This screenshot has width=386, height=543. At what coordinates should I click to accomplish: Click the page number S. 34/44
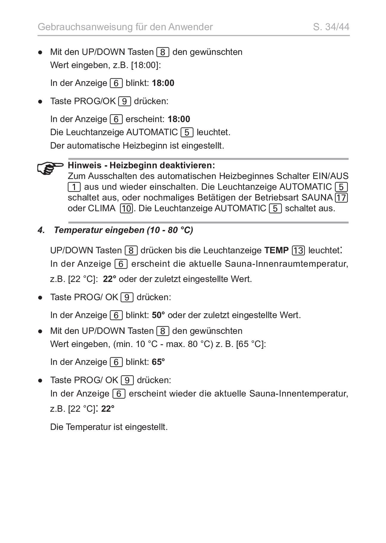331,27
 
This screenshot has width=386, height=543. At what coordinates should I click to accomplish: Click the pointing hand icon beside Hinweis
50,168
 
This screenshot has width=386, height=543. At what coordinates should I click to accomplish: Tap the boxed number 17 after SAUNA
342,198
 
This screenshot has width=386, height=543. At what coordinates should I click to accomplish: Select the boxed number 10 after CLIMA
126,208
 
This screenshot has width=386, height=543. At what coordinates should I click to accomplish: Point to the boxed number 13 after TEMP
298,250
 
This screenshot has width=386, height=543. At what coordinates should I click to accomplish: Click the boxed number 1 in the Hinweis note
74,187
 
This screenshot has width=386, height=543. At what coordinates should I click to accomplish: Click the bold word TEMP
276,250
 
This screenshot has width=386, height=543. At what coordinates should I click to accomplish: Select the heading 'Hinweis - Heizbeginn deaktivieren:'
141,165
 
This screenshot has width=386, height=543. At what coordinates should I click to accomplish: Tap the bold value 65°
158,362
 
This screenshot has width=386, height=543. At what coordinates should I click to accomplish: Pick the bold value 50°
158,315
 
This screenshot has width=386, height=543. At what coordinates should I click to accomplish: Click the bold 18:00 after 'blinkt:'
163,83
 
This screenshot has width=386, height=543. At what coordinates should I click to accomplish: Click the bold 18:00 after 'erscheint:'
179,119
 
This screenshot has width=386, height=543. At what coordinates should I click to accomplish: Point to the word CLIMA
102,208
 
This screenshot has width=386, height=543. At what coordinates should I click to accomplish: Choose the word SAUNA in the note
317,198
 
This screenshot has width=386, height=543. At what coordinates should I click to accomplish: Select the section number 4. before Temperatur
41,230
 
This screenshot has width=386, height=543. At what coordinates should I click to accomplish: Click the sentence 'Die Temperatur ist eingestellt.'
109,427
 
